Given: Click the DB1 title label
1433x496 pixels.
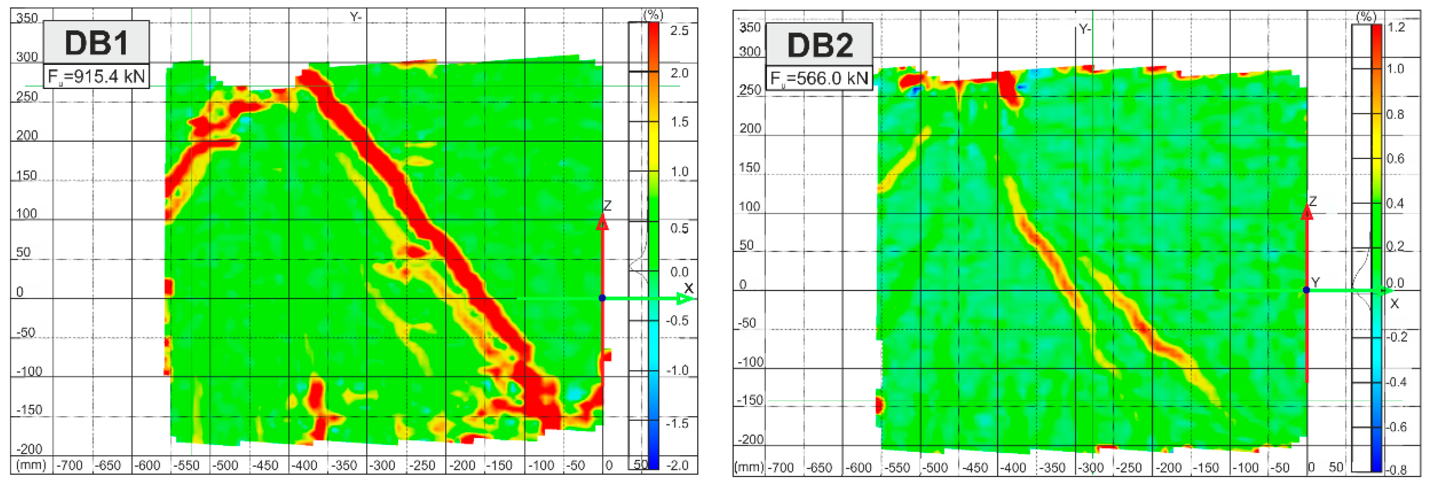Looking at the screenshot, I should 96,43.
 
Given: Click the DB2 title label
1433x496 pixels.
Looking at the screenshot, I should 820,45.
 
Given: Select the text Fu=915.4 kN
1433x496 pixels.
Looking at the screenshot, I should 96,76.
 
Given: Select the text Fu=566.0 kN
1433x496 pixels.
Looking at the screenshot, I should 819,79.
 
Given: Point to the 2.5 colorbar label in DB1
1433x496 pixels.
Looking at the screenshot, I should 679,31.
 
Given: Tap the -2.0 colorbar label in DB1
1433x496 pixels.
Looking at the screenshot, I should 677,465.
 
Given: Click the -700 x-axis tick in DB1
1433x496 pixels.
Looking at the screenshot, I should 69,465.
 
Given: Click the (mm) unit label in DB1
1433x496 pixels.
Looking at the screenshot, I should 31,465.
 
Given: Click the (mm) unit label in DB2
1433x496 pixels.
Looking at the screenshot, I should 749,467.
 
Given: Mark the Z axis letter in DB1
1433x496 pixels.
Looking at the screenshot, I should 608,206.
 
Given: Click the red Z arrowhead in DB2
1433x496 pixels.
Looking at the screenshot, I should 1307,212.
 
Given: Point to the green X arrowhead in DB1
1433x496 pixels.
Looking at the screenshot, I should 686,299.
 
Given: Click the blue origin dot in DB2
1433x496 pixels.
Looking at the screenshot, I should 1306,290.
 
